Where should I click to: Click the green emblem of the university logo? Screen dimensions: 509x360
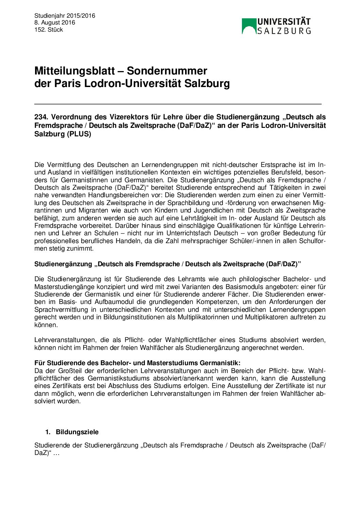(x=249, y=26)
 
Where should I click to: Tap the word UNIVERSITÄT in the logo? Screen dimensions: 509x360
(x=284, y=22)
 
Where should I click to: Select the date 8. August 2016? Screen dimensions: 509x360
(x=54, y=23)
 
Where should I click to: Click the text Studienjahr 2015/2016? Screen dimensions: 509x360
(x=65, y=16)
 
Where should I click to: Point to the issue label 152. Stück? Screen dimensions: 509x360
(x=49, y=30)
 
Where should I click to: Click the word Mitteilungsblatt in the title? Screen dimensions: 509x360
(x=75, y=71)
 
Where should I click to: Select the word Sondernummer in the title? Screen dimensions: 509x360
(x=167, y=71)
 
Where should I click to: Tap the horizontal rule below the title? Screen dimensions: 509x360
(x=178, y=104)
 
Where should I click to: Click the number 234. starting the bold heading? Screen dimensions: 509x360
(x=41, y=117)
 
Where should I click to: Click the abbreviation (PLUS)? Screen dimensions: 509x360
(x=79, y=134)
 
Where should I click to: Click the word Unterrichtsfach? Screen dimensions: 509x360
(x=189, y=233)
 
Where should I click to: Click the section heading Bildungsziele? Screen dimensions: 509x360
(x=77, y=432)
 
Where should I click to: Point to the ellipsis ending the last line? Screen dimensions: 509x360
(x=56, y=453)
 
